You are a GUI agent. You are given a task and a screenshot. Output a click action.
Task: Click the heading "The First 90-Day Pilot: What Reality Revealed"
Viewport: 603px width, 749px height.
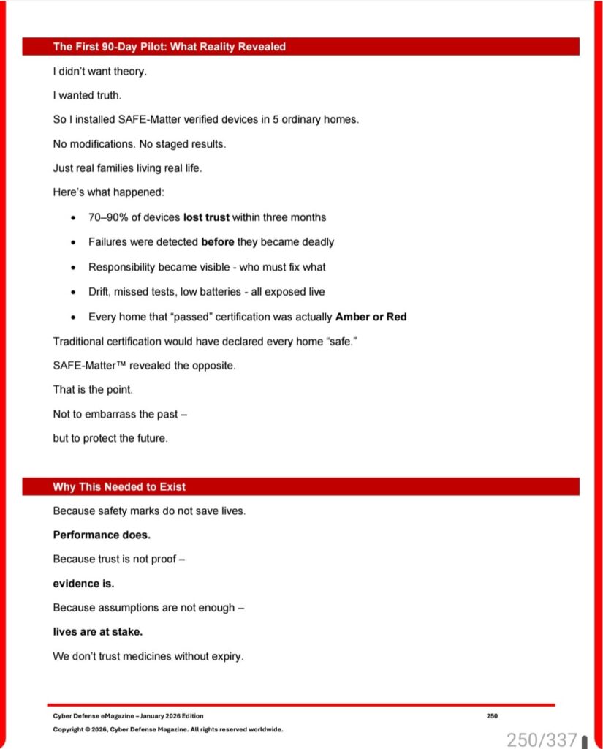coord(169,47)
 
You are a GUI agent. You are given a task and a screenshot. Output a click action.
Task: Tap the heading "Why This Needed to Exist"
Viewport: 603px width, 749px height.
coord(119,487)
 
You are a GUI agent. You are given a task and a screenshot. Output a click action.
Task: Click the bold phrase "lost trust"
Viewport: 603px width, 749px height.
coord(206,217)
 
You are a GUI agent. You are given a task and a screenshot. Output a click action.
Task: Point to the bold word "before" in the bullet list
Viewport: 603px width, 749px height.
coord(218,242)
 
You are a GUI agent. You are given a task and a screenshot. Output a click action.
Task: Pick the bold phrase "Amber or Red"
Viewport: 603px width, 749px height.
coord(371,317)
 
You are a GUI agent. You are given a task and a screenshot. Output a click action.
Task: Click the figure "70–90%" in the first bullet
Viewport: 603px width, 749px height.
coord(108,217)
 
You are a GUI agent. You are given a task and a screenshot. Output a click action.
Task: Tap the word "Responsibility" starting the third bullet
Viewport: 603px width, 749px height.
coord(122,267)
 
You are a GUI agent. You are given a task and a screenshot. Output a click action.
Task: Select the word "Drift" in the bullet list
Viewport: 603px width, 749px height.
coord(99,292)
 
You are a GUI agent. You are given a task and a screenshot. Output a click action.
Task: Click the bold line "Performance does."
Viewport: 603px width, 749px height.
coord(102,535)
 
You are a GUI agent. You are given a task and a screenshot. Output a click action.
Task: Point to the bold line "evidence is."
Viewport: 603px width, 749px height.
coord(83,584)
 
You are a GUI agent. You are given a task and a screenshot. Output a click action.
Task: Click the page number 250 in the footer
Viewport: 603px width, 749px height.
coord(492,716)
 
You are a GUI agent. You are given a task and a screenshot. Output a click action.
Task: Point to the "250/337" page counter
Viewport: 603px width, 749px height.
coord(542,739)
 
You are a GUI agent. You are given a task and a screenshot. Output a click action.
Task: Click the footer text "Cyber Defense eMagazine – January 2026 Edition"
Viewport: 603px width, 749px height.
coord(128,716)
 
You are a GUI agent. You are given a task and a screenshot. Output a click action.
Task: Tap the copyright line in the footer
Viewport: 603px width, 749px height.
coord(167,729)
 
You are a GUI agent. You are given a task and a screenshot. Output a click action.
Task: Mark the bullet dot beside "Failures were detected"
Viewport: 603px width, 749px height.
coord(74,242)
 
